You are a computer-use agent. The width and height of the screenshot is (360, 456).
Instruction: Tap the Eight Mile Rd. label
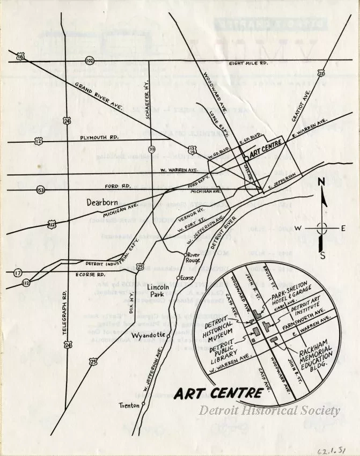coord(248,63)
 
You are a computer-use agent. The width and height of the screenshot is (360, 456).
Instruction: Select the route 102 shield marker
coord(90,61)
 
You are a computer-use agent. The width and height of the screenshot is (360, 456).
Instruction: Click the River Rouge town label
coord(193,258)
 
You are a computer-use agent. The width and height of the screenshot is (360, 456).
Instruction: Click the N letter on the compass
coord(320,182)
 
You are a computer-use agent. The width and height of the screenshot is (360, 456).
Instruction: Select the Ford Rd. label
coord(119,186)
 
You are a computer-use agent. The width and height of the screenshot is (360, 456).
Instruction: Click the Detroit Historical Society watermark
coord(270,410)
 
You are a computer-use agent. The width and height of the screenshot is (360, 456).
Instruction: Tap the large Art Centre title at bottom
coord(218,393)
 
